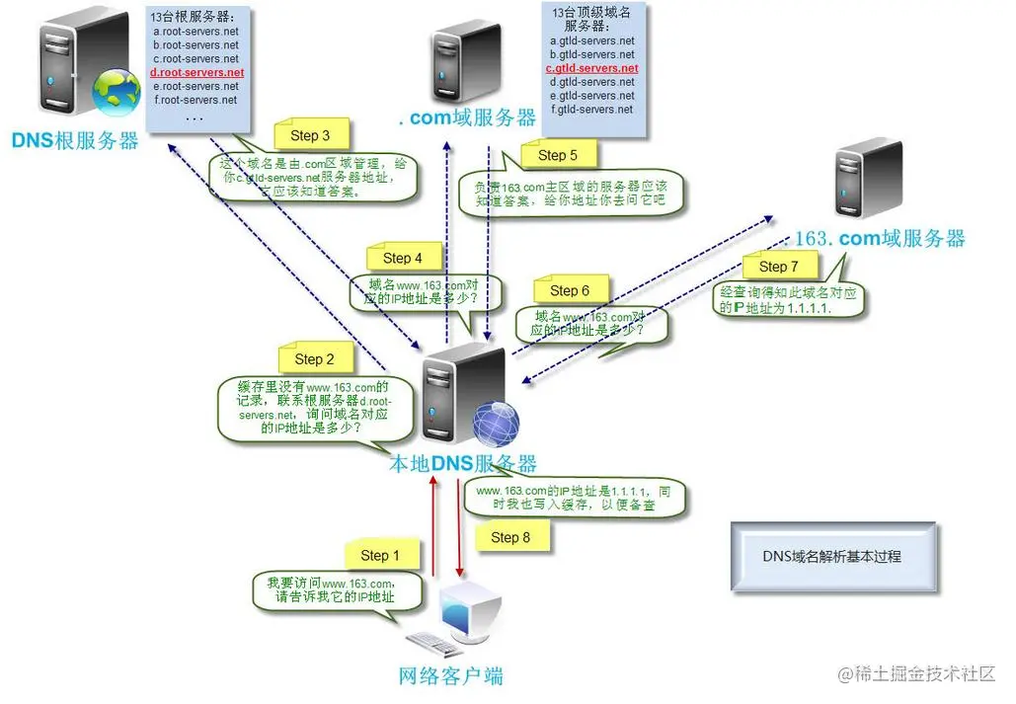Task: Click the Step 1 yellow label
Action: (380, 555)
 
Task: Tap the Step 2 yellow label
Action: (314, 359)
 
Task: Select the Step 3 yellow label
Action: (310, 135)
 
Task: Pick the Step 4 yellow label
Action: (402, 258)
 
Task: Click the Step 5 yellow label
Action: (558, 155)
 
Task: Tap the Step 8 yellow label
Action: (510, 537)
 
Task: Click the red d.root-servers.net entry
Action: (196, 73)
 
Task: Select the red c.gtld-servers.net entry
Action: (591, 69)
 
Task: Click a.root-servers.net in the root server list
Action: (196, 32)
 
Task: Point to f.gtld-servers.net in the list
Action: (591, 110)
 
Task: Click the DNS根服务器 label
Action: (75, 141)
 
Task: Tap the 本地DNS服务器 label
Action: (464, 464)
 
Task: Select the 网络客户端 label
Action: (450, 676)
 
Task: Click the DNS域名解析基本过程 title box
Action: (832, 556)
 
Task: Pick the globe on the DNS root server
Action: (117, 92)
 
